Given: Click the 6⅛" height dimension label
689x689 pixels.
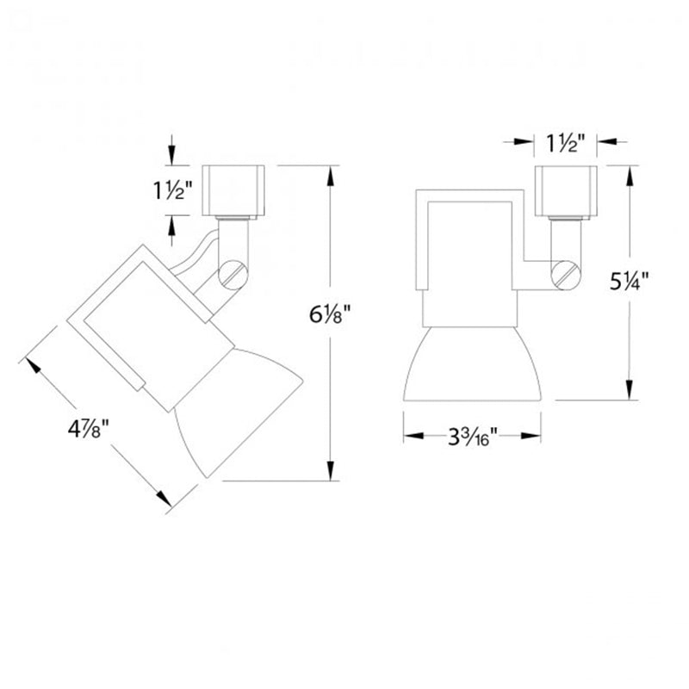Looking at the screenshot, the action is coord(330,314).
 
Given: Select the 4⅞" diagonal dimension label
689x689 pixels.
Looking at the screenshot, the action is coord(88,428).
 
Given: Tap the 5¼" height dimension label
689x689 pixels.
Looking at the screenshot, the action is coord(630,282).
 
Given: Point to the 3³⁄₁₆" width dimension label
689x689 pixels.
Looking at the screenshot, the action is coord(472,437).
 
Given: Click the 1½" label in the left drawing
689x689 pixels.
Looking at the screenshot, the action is coord(173,190).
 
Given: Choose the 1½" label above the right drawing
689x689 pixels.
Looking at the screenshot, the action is coord(566,143).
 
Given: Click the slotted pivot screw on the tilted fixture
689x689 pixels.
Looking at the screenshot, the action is coord(233,275).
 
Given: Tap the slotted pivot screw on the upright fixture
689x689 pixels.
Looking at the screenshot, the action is coord(566,275).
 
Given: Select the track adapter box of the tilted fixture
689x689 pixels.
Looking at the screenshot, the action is coord(233,190).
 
